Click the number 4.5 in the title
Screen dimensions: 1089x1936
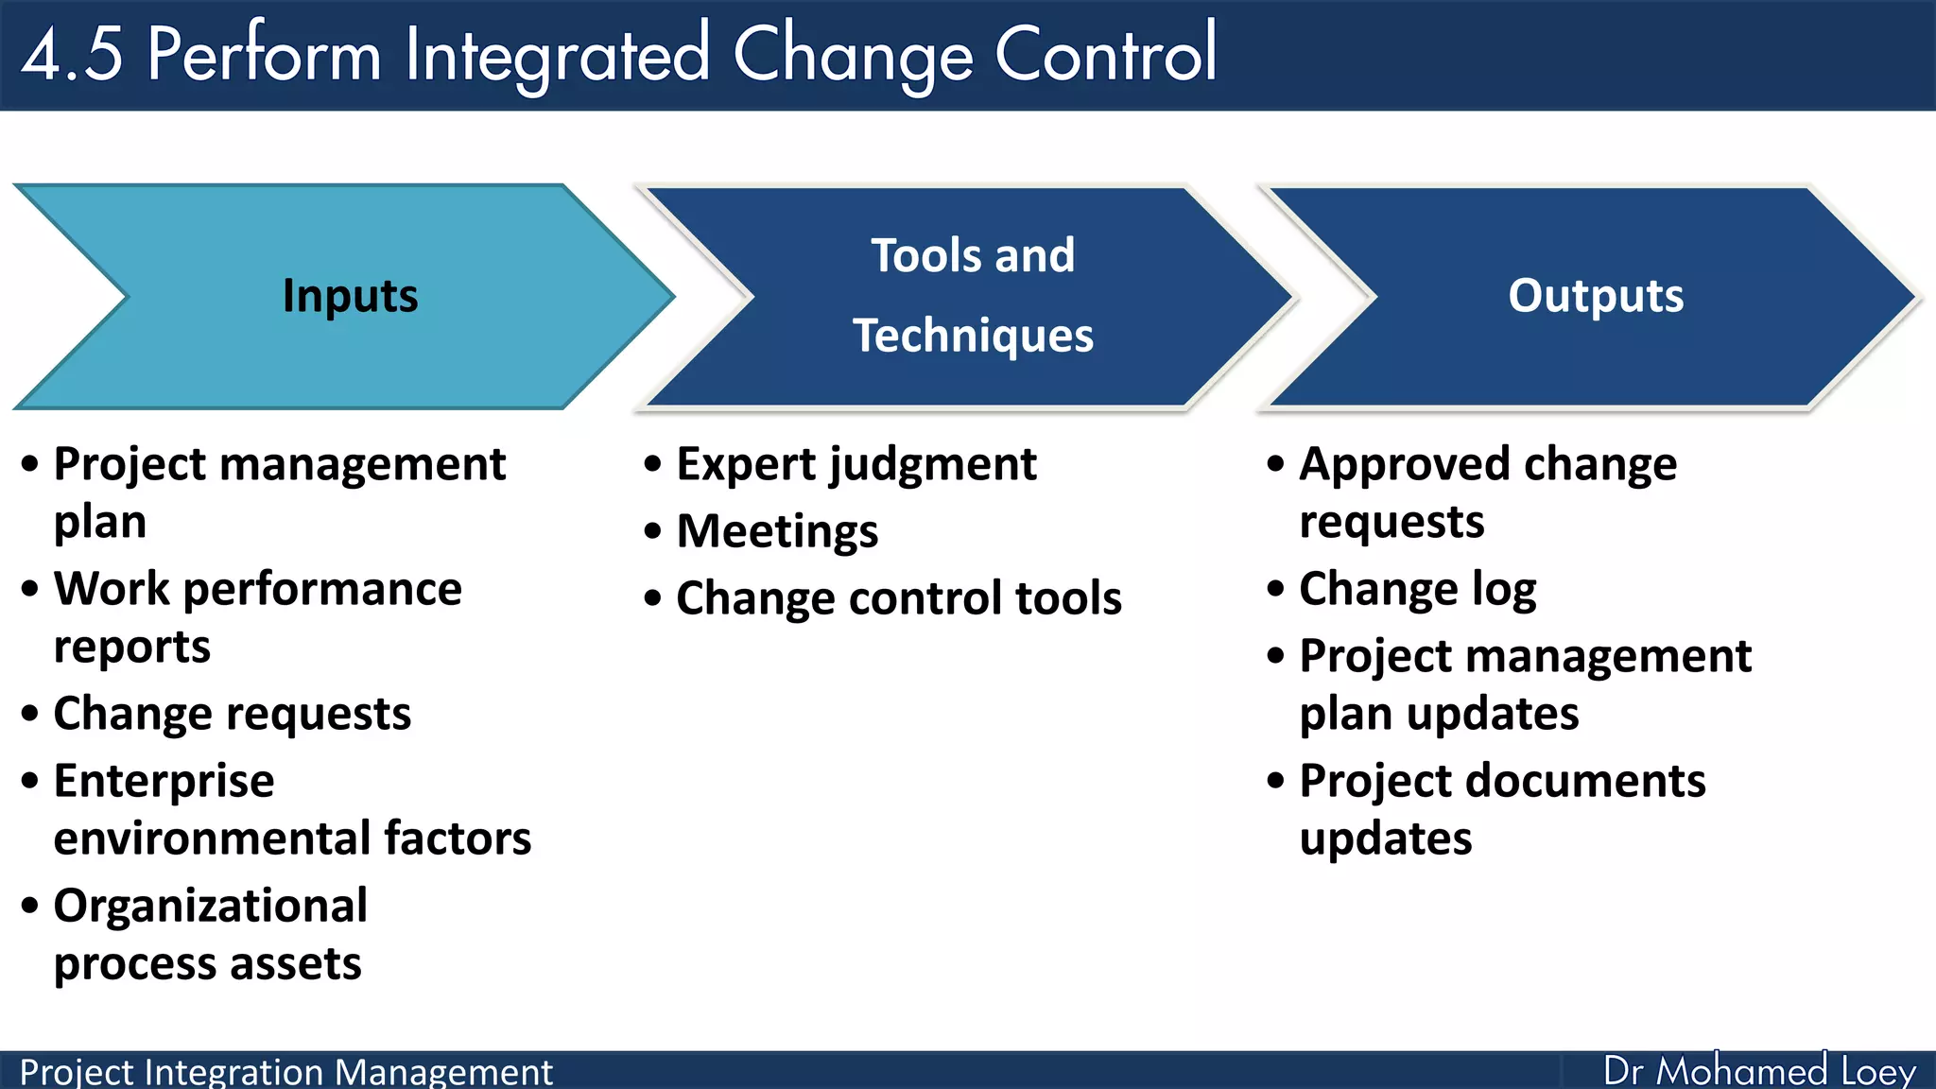(x=72, y=55)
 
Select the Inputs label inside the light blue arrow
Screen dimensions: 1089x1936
(x=350, y=296)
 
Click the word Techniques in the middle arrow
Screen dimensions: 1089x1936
(x=973, y=336)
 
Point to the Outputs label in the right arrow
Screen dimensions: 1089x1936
(x=1596, y=296)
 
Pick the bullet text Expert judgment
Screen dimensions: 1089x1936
(x=856, y=464)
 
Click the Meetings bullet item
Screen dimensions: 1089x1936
(x=777, y=531)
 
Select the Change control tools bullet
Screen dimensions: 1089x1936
(x=899, y=598)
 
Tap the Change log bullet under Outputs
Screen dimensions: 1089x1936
(x=1417, y=589)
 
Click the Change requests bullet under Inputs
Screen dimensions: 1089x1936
(x=233, y=714)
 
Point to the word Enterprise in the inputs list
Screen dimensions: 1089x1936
(x=164, y=781)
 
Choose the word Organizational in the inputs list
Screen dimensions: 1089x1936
(x=210, y=906)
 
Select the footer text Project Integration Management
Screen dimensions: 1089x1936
(x=285, y=1072)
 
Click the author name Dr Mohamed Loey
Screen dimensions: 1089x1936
(x=1758, y=1071)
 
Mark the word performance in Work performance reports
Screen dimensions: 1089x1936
(x=322, y=589)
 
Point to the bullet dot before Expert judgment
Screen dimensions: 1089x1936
(x=653, y=464)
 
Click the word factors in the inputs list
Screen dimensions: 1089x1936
(x=458, y=838)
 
